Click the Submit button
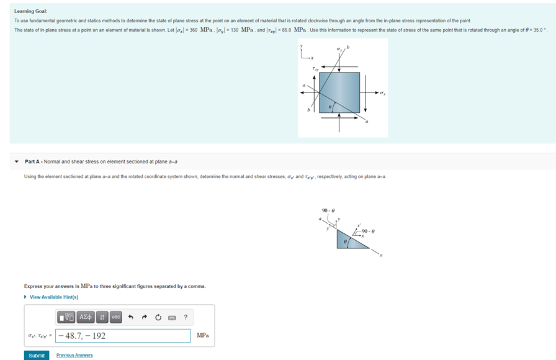pyautogui.click(x=37, y=355)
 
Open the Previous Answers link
pyautogui.click(x=74, y=355)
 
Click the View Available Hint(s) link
pyautogui.click(x=53, y=297)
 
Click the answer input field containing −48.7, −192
pyautogui.click(x=123, y=336)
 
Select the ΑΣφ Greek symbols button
pyautogui.click(x=86, y=317)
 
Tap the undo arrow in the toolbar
pyautogui.click(x=130, y=317)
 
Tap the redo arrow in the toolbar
pyautogui.click(x=144, y=317)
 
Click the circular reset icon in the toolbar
pyautogui.click(x=158, y=317)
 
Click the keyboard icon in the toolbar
pyautogui.click(x=172, y=318)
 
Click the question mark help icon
pyautogui.click(x=186, y=317)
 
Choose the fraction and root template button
pyautogui.click(x=67, y=317)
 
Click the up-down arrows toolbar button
pyautogui.click(x=102, y=317)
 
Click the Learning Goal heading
pyautogui.click(x=31, y=11)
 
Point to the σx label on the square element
pyautogui.click(x=382, y=94)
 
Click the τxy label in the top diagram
pyautogui.click(x=315, y=68)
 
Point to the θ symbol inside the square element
pyautogui.click(x=331, y=107)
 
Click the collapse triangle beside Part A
pyautogui.click(x=17, y=162)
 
